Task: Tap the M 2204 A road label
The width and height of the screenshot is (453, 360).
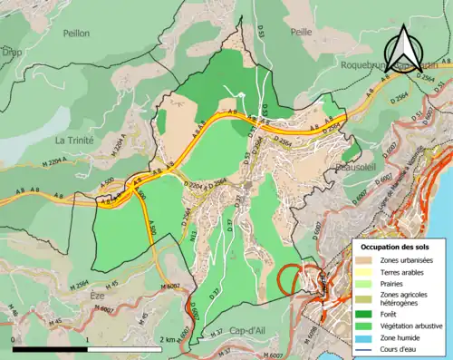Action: tap(116, 148)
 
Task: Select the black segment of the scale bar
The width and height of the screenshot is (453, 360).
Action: tap(49, 348)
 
